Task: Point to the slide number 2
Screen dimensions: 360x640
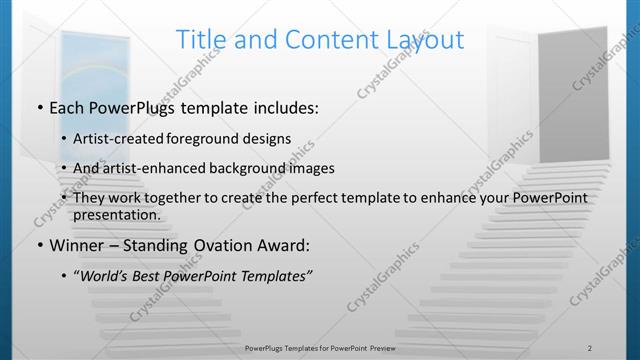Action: coord(590,348)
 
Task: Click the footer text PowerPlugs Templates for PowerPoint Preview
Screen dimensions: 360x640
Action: coord(319,348)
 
